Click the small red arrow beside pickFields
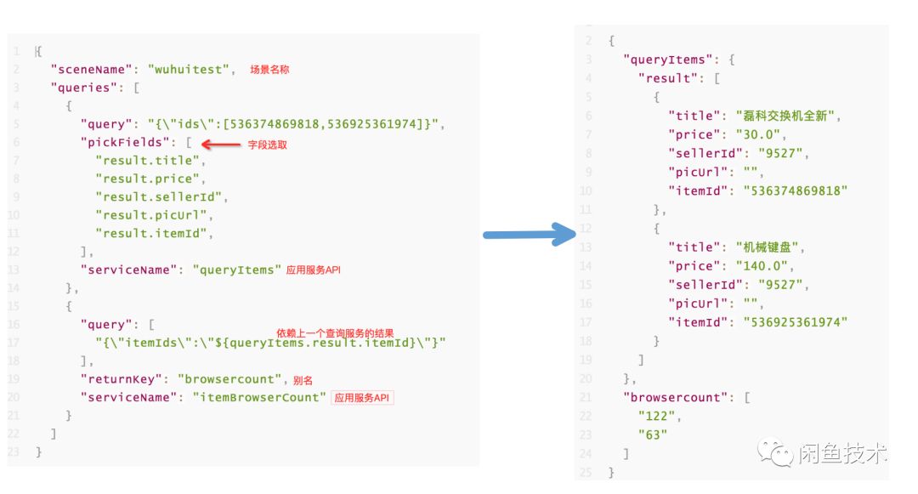tap(219, 145)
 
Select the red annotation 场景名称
tap(269, 70)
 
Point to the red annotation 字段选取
tap(267, 145)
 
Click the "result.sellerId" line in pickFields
tap(161, 196)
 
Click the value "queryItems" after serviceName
tap(236, 270)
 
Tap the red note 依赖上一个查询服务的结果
tap(336, 333)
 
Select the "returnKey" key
tap(120, 379)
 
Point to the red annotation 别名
tap(303, 380)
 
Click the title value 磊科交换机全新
tap(781, 116)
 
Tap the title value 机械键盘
tap(769, 247)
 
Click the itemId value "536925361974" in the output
tap(796, 321)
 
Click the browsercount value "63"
tap(652, 434)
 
